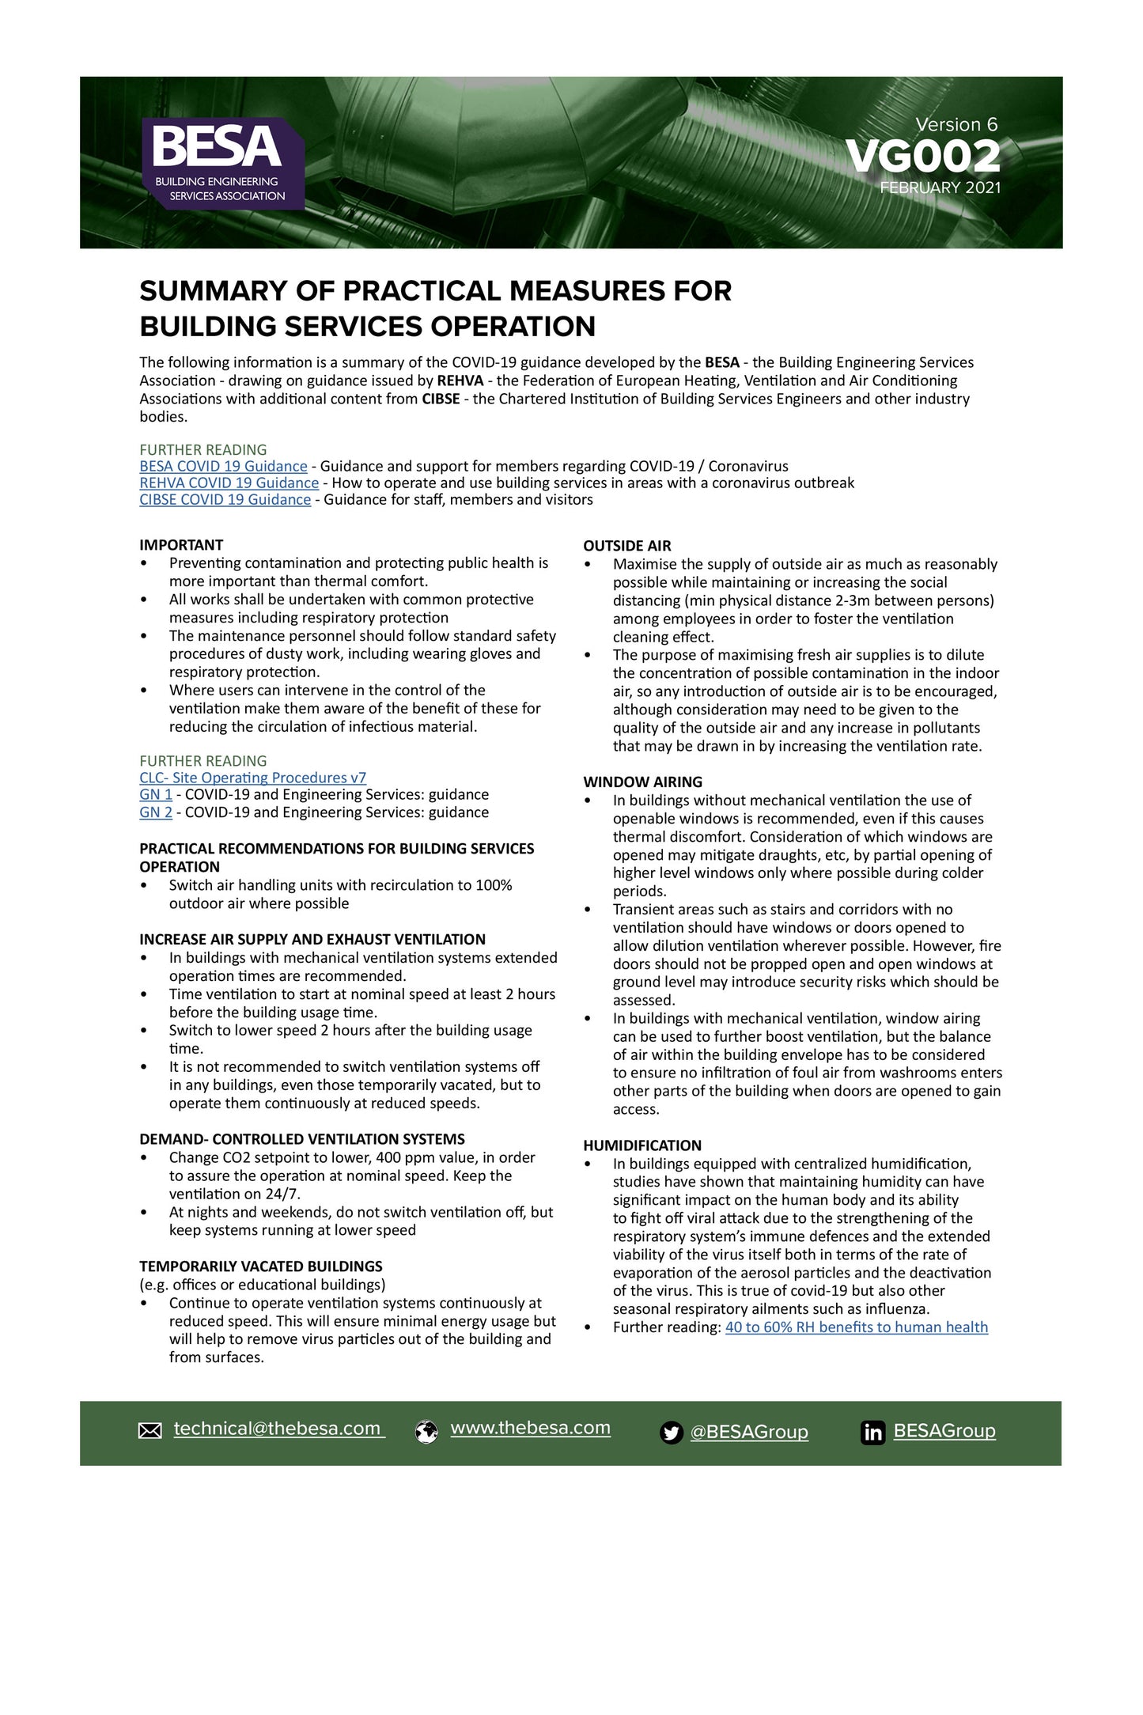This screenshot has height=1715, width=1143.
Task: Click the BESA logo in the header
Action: coord(223,162)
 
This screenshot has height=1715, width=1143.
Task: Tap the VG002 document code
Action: coord(922,157)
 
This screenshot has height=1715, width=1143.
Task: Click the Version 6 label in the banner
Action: coord(956,124)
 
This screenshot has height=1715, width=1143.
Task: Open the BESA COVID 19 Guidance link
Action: coord(223,466)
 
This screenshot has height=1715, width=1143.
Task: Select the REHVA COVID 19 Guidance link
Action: coord(229,483)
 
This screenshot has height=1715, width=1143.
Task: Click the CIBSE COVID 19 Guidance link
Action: coord(225,499)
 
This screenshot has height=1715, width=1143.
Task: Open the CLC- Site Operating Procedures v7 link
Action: coord(253,778)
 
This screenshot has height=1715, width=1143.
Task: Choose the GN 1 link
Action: coord(156,794)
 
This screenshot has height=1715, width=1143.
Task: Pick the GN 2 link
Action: coord(156,812)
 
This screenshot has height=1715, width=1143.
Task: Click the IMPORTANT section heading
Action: coord(181,545)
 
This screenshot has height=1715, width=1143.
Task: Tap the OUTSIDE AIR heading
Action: coord(627,546)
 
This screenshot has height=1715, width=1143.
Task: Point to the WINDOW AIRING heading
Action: coord(642,782)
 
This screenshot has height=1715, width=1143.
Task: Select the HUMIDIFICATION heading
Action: coord(642,1145)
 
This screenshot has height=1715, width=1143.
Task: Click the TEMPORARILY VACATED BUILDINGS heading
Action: coord(261,1266)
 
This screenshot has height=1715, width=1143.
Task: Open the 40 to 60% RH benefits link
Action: coord(856,1327)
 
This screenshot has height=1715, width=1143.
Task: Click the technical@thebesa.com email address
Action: coord(278,1429)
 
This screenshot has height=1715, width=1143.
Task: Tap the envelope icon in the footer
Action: coord(150,1430)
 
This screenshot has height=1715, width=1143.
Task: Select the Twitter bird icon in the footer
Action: coord(671,1433)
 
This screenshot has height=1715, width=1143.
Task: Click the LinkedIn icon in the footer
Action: coord(872,1433)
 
